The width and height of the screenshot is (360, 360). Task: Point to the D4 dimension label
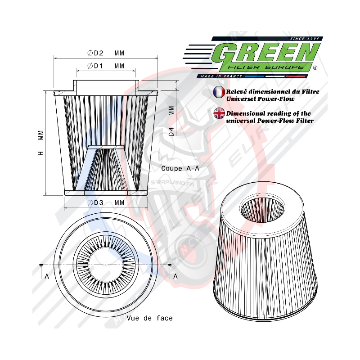click(x=171, y=132)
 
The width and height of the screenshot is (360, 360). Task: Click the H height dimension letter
click(x=41, y=153)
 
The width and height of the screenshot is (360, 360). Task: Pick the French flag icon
click(x=219, y=92)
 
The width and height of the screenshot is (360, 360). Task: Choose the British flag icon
click(x=219, y=113)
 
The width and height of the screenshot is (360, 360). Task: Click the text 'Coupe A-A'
click(x=180, y=168)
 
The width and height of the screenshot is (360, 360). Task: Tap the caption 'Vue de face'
click(x=149, y=318)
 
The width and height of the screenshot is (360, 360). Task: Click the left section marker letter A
click(x=46, y=276)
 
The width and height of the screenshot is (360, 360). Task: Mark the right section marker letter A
click(x=175, y=276)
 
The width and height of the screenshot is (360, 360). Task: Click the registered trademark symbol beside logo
click(x=315, y=68)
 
